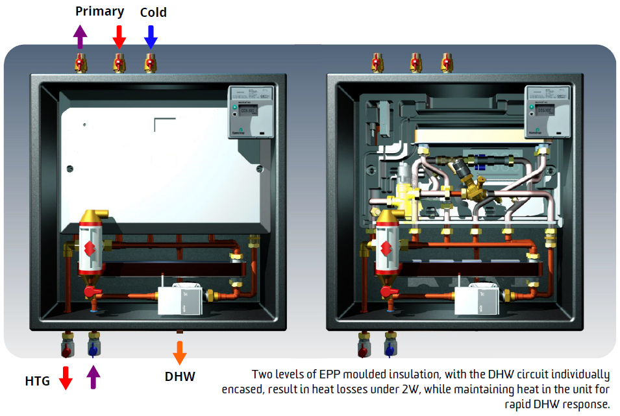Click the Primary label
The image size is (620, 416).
click(x=99, y=12)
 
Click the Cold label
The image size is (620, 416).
click(x=153, y=12)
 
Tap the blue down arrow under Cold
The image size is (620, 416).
click(x=151, y=36)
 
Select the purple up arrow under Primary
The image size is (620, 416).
click(x=80, y=36)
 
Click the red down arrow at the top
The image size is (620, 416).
click(x=119, y=36)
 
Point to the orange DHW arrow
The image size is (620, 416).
click(x=180, y=352)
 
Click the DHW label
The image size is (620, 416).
click(x=180, y=376)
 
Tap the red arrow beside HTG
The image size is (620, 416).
click(x=66, y=378)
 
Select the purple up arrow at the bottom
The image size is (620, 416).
click(x=94, y=378)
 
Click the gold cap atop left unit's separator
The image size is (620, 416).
click(x=95, y=216)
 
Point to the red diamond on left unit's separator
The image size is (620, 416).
click(x=88, y=247)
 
